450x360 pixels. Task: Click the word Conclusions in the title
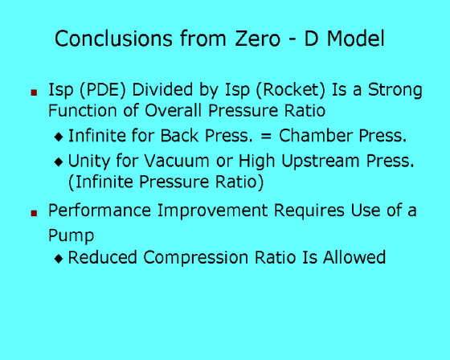[113, 39]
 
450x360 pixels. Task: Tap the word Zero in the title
[258, 39]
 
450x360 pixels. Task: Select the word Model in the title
[356, 39]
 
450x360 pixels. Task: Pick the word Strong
[395, 91]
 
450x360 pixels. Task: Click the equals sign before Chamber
[266, 136]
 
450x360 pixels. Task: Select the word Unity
[88, 161]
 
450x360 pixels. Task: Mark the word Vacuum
[177, 161]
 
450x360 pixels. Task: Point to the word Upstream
[321, 162]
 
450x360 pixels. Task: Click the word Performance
[100, 211]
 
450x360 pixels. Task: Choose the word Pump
[72, 236]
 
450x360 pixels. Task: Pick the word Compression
[196, 257]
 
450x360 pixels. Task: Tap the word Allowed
[354, 257]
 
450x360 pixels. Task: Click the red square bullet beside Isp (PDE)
[34, 92]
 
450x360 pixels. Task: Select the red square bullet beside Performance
[34, 213]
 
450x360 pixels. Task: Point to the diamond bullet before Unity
[59, 162]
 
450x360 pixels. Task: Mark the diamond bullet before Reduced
[59, 259]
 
